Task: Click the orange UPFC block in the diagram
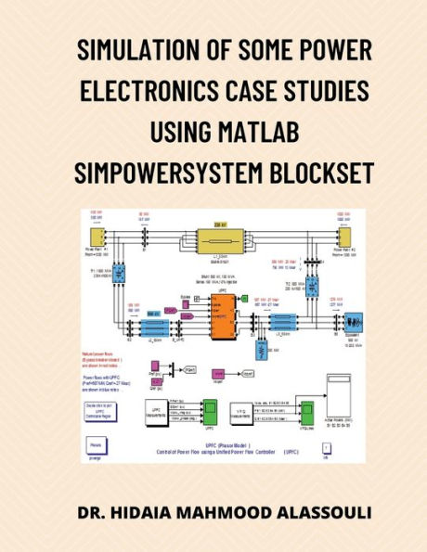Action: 224,318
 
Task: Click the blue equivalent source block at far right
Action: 351,323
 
